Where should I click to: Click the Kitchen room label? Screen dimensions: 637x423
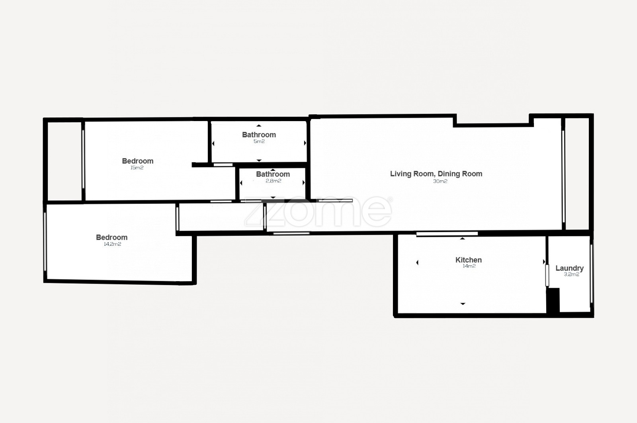[x=468, y=260]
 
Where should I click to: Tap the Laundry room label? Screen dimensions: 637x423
[x=570, y=268]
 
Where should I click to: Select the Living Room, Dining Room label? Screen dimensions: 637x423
[x=436, y=174]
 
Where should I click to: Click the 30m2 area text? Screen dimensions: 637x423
[x=440, y=181]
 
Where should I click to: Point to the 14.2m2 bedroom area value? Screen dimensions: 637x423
[x=113, y=244]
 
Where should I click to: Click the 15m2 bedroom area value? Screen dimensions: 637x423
[x=137, y=168]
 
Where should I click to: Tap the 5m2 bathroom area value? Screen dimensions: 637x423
[x=259, y=141]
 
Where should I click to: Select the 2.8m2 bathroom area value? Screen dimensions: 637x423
[x=273, y=181]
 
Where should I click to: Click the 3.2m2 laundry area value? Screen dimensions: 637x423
[x=572, y=274]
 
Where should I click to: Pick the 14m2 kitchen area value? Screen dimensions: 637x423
[x=469, y=266]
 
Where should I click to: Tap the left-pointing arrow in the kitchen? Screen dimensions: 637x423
[x=418, y=262]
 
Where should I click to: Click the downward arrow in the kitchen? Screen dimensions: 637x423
[x=463, y=304]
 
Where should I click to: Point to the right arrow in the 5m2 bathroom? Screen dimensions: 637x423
[x=305, y=143]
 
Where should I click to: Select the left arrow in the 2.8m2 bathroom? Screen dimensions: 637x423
[x=241, y=183]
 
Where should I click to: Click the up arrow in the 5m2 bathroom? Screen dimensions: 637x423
[x=259, y=125]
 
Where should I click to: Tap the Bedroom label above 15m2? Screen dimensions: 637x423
[x=138, y=161]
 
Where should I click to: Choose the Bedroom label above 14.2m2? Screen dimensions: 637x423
[x=112, y=237]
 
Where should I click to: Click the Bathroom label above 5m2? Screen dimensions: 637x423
[x=259, y=135]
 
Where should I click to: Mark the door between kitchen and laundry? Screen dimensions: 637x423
[x=547, y=275]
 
